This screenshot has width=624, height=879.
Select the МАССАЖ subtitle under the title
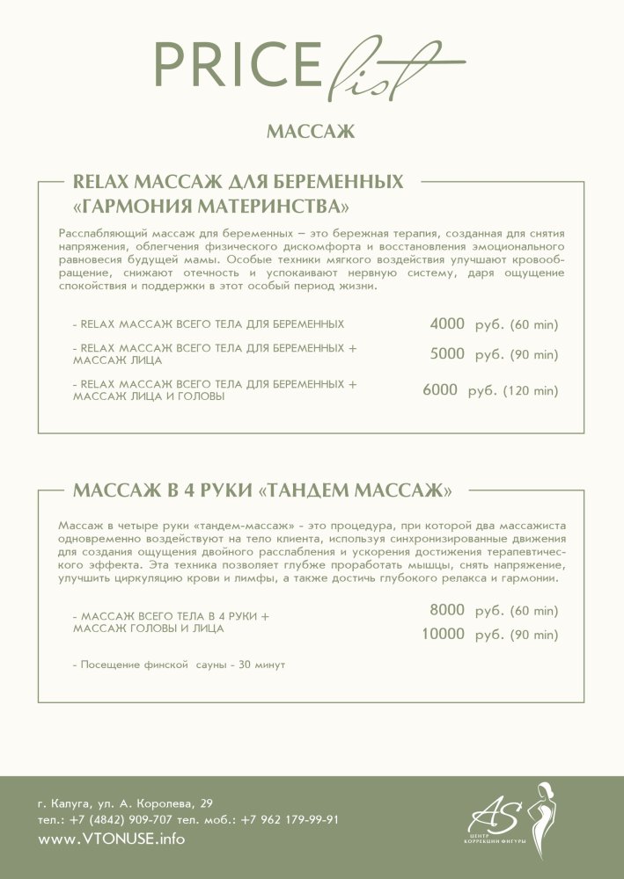click(310, 133)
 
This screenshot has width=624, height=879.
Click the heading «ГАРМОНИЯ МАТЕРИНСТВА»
click(210, 207)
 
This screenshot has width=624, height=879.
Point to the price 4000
click(446, 324)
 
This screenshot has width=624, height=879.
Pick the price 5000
click(446, 354)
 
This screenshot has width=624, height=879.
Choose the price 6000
click(440, 389)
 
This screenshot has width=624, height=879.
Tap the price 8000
click(446, 610)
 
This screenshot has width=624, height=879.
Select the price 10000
click(443, 635)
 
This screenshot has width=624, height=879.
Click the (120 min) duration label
click(531, 390)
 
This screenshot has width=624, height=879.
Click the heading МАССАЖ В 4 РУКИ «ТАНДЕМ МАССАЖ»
click(263, 489)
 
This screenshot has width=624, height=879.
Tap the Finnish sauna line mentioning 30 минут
click(179, 665)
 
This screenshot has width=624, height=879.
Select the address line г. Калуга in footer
click(125, 803)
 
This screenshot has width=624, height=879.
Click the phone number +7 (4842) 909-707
click(122, 819)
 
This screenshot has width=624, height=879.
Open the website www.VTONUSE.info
click(112, 839)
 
